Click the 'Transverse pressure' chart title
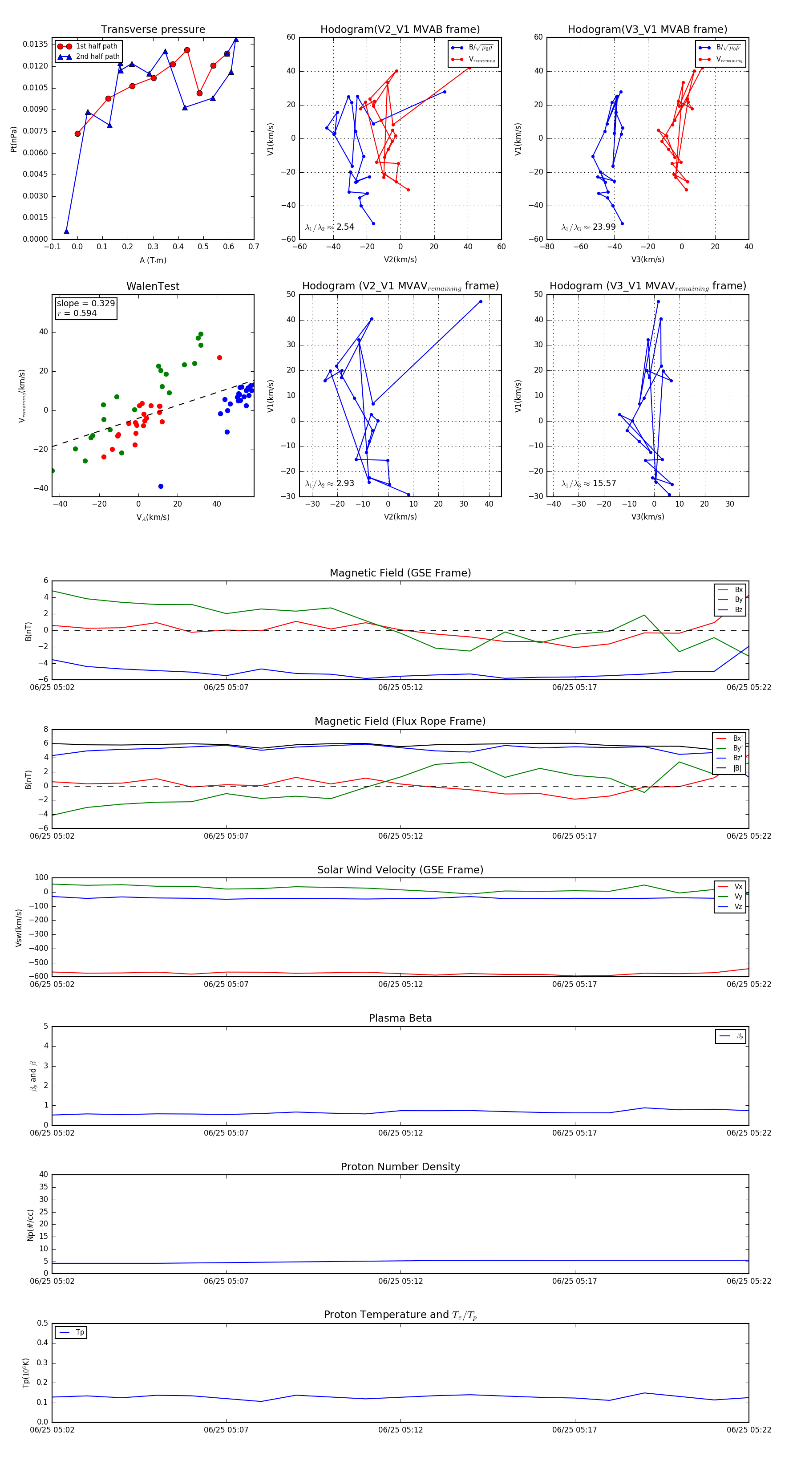(x=153, y=30)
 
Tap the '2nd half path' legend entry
(x=97, y=57)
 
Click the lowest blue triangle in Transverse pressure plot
(x=67, y=231)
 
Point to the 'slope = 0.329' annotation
(x=85, y=304)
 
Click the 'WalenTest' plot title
(x=153, y=286)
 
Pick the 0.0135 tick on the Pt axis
(x=35, y=45)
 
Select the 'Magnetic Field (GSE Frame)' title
(x=400, y=573)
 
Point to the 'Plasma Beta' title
(x=400, y=1018)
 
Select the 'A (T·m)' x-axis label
(x=153, y=260)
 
